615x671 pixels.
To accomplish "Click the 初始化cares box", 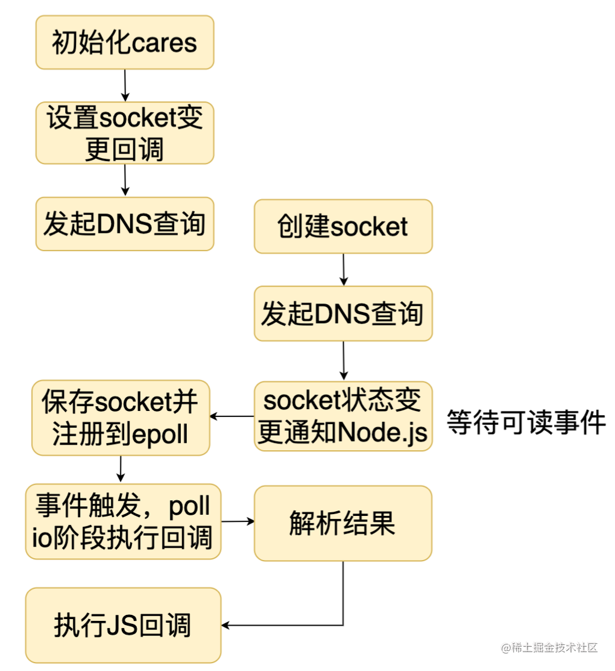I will tap(125, 42).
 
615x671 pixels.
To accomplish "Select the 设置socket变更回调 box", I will tap(125, 133).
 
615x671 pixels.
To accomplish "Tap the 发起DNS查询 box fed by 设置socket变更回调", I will tap(125, 224).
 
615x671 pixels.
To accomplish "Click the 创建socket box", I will tap(343, 226).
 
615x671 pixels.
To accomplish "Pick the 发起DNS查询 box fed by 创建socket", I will tap(343, 314).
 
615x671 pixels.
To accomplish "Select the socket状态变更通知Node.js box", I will tap(343, 416).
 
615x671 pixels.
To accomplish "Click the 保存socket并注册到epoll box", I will tap(121, 418).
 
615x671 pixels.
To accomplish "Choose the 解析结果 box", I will tap(343, 523).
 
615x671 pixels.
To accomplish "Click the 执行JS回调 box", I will tap(123, 625).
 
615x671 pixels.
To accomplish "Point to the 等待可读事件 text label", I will tap(526, 422).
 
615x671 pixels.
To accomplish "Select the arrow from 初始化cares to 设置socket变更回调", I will tap(125, 85).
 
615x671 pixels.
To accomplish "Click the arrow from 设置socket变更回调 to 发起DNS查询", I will tap(125, 179).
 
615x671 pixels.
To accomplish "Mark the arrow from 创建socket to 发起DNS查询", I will tap(344, 269).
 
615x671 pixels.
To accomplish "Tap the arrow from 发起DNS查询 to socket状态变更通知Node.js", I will tap(344, 360).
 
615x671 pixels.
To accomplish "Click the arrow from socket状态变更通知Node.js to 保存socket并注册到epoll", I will tap(232, 416).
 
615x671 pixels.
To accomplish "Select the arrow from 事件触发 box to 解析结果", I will tap(238, 521).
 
